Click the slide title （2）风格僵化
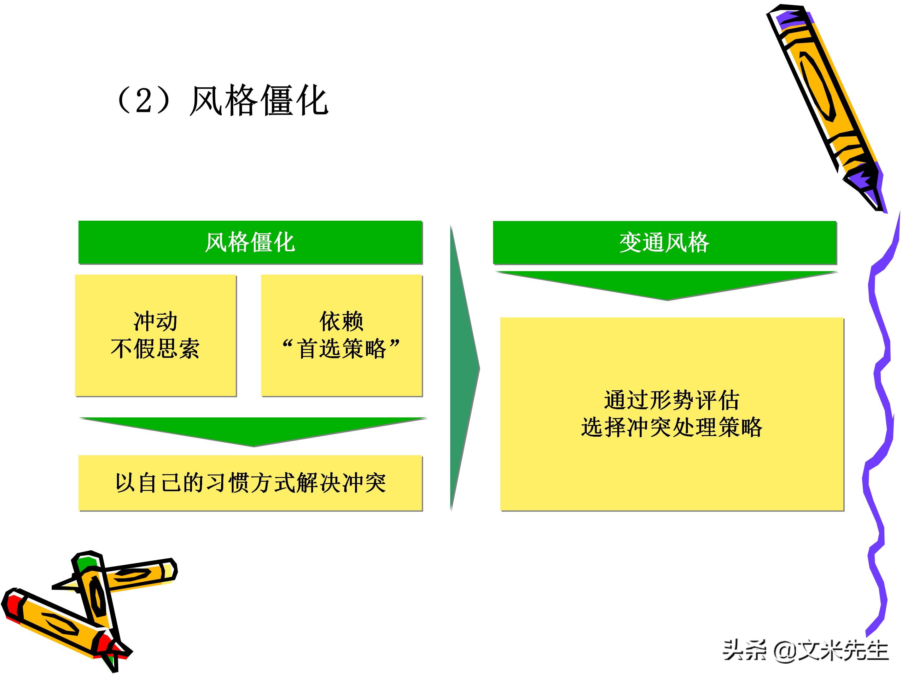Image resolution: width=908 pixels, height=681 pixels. pos(222,101)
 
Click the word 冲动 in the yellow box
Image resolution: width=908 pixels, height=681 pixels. pos(155,321)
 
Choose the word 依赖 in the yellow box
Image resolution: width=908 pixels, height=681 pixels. pos(341,321)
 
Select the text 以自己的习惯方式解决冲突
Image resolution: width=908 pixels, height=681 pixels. pos(250,483)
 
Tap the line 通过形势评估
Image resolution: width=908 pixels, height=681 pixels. pos(672,400)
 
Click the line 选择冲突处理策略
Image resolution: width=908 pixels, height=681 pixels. pos(672,427)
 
